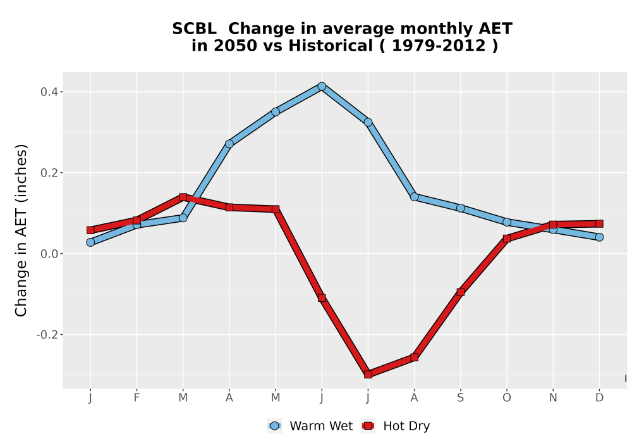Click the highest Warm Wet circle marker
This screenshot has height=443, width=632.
322,86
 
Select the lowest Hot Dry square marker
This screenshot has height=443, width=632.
368,375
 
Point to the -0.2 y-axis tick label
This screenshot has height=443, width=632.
50,335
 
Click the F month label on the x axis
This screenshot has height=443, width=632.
137,398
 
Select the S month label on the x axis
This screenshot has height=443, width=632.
461,398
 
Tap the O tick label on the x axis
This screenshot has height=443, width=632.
507,398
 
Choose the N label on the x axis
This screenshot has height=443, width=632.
553,398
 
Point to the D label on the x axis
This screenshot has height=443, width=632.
599,398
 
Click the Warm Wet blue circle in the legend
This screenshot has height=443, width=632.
274,426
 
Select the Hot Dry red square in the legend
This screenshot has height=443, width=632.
368,426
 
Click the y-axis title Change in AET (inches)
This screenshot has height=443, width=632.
21,230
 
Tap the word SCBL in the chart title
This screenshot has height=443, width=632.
194,29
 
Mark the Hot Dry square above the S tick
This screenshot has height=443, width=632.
461,292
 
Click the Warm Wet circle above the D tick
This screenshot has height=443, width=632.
599,237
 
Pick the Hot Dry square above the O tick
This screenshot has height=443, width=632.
507,239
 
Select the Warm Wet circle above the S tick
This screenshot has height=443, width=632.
461,208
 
